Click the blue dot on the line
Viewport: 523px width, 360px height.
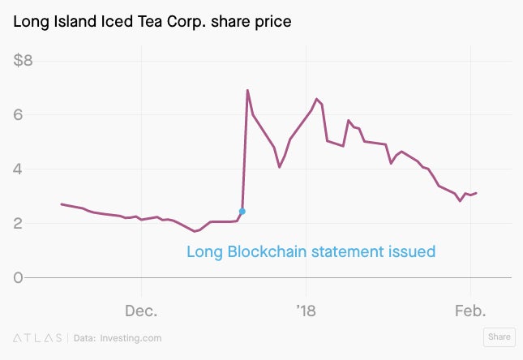tap(242, 211)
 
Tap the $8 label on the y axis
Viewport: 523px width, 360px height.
tap(23, 60)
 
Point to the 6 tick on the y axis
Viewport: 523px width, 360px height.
tap(18, 115)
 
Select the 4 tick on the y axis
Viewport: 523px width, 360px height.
tap(18, 169)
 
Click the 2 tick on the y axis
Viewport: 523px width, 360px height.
tap(18, 223)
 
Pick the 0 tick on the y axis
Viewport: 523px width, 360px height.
tap(18, 277)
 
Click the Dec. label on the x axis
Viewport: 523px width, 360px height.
tap(141, 311)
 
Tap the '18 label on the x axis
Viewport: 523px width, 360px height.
tap(306, 311)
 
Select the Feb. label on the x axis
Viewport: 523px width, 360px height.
tap(470, 311)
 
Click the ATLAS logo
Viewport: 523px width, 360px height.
tap(37, 338)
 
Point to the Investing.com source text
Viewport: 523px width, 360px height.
tap(131, 338)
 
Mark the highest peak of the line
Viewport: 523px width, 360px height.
tap(247, 90)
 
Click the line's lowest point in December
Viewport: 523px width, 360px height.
tap(195, 231)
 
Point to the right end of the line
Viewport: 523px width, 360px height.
tap(476, 193)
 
